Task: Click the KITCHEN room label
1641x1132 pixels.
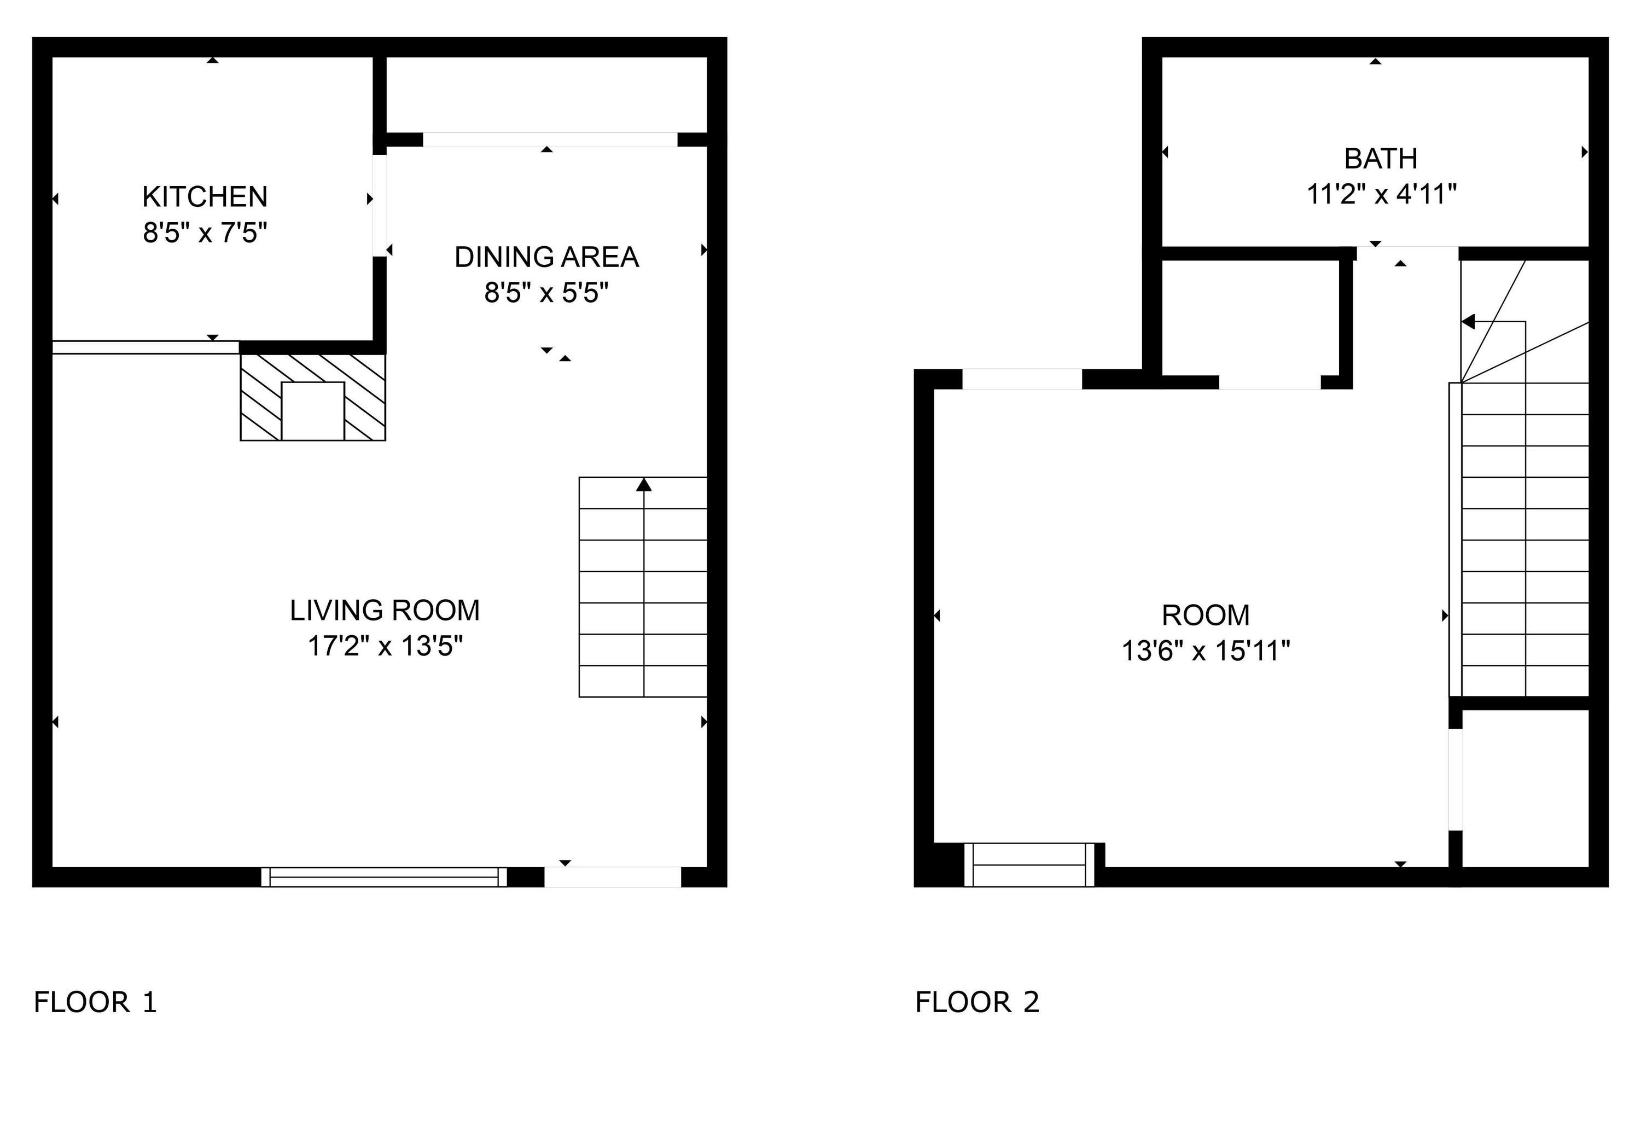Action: click(x=205, y=197)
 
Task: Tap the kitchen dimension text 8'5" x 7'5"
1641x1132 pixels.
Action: click(x=205, y=233)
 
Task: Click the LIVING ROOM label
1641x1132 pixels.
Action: click(x=385, y=611)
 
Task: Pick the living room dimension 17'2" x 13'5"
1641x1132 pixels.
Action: click(x=385, y=646)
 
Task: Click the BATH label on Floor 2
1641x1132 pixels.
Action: click(x=1380, y=159)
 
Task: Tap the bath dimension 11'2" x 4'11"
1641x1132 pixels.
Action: click(x=1381, y=194)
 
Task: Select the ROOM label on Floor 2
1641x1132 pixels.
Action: click(x=1205, y=616)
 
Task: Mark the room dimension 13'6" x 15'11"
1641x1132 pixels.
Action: click(x=1205, y=651)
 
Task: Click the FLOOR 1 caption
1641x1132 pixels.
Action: click(x=95, y=1002)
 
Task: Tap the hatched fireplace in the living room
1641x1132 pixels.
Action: click(x=313, y=397)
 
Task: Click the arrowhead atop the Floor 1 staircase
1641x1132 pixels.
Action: click(x=643, y=485)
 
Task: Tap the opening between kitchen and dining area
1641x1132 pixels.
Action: click(x=380, y=206)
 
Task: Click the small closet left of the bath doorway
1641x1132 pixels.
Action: click(x=1249, y=318)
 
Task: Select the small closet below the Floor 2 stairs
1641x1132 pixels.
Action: click(x=1524, y=787)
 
